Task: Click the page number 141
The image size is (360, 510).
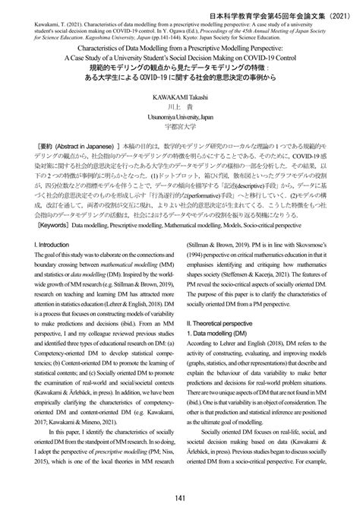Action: coord(179,497)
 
